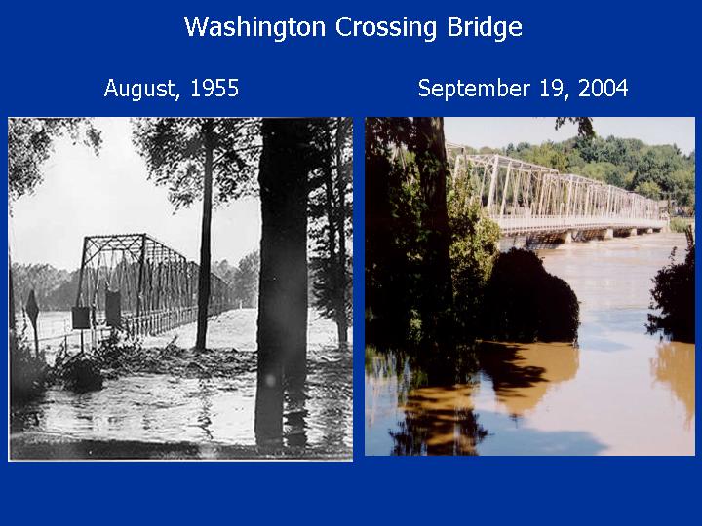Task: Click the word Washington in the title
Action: click(254, 27)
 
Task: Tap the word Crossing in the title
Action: click(385, 27)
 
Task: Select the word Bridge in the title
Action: click(485, 27)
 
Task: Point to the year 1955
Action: click(214, 88)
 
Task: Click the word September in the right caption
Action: click(474, 89)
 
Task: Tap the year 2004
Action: click(604, 88)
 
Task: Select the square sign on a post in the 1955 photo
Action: click(81, 318)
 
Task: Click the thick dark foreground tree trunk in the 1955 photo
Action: click(281, 282)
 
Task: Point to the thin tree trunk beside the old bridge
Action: click(205, 242)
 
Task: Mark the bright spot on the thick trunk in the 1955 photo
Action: click(270, 380)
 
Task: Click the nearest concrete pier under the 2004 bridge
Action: click(566, 237)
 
